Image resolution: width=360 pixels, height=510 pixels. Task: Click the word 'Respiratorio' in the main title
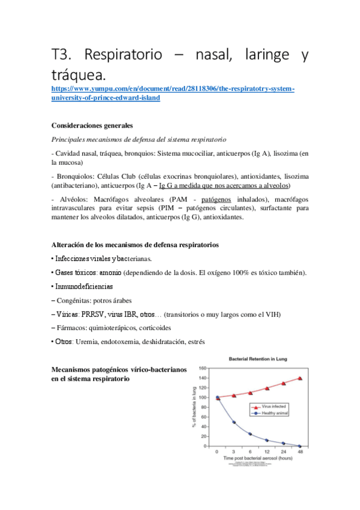tap(124, 57)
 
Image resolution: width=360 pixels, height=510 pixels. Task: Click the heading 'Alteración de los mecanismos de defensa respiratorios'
tap(135, 245)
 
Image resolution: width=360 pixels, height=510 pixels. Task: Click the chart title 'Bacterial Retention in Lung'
tap(258, 359)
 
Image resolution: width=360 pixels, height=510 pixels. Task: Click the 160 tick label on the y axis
tap(203, 368)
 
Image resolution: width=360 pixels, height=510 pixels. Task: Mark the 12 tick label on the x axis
tap(266, 450)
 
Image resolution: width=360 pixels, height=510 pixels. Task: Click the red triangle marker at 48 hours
tap(299, 378)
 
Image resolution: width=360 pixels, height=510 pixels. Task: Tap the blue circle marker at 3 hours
tap(233, 422)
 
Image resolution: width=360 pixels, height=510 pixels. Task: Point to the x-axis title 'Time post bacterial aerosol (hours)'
tap(258, 458)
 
